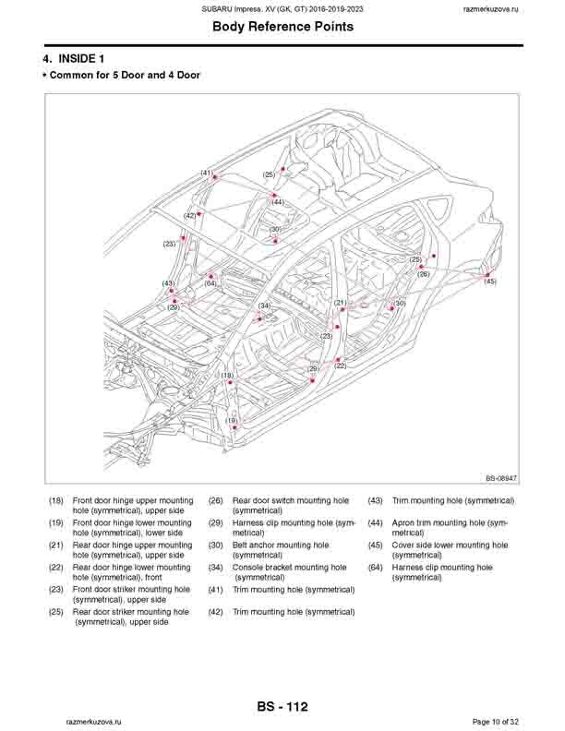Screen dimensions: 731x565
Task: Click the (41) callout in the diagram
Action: click(x=206, y=173)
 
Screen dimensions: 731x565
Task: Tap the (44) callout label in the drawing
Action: click(x=277, y=202)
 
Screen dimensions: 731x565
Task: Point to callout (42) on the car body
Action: click(x=189, y=215)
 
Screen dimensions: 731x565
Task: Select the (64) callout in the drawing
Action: click(x=210, y=283)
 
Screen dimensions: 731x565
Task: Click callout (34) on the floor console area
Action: click(x=264, y=306)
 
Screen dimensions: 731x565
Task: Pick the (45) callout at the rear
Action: click(x=489, y=281)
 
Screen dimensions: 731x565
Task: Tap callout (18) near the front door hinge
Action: click(x=226, y=376)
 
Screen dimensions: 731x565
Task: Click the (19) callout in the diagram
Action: click(x=232, y=420)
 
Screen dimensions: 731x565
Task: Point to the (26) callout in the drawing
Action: click(x=423, y=274)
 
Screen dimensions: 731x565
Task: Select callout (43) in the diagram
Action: click(x=168, y=283)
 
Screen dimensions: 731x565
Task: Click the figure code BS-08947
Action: click(x=500, y=478)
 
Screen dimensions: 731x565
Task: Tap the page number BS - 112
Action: click(x=282, y=707)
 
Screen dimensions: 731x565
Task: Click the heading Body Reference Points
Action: click(x=282, y=27)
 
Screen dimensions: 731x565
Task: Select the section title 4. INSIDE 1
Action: click(x=79, y=59)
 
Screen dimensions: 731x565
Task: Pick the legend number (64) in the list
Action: click(x=376, y=568)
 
